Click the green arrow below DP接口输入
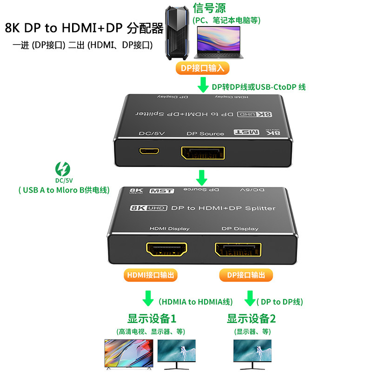point(202,85)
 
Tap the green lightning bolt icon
point(61,168)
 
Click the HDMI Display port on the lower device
point(166,250)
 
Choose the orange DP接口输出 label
point(246,275)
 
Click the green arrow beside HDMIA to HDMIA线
point(148,298)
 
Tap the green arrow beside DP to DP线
point(250,298)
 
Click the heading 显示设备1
point(152,319)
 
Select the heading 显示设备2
point(251,319)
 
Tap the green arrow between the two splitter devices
point(201,177)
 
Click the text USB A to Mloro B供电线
point(64,190)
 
